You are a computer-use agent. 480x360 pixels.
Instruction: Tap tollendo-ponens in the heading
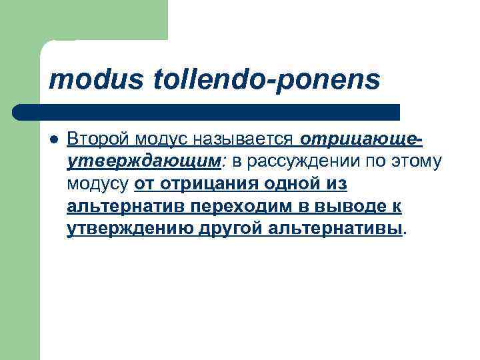pyautogui.click(x=267, y=80)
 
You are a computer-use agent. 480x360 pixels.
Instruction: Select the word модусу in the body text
pyautogui.click(x=98, y=183)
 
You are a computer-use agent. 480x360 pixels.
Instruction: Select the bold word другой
pyautogui.click(x=230, y=229)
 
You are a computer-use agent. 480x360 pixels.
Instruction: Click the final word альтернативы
pyautogui.click(x=336, y=229)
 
